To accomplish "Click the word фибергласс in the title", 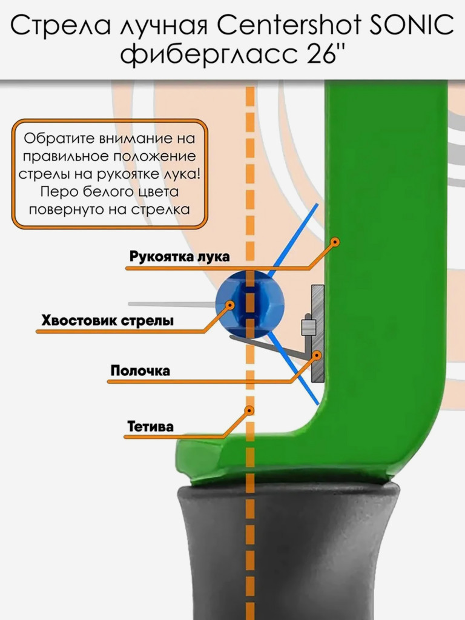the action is (209, 55).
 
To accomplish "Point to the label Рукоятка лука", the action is (179, 256).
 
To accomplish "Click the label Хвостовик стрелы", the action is (108, 320).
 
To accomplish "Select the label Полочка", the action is (140, 371).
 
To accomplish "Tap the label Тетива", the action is (150, 427).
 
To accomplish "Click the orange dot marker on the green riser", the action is (335, 242).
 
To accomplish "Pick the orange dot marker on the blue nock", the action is (229, 305).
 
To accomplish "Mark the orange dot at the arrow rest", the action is (316, 355).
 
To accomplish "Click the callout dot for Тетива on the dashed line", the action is (249, 411).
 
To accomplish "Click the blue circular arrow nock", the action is (249, 305).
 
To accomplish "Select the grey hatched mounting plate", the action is (317, 334).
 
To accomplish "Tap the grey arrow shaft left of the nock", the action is (171, 304).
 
